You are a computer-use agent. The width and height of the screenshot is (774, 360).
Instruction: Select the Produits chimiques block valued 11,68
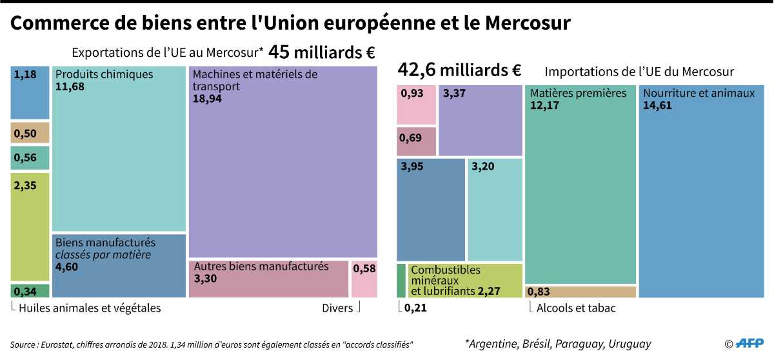[x=119, y=148]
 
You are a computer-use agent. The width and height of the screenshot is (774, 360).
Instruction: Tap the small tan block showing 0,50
[x=30, y=133]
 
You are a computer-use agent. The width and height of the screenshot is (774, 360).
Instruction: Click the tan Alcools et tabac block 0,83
[x=580, y=292]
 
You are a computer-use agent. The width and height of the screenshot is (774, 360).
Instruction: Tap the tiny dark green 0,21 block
[x=401, y=280]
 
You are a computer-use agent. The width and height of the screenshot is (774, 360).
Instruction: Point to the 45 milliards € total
[x=322, y=52]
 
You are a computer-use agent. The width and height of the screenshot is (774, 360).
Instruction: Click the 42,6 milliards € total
[x=459, y=69]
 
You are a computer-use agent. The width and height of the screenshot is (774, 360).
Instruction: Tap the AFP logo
[x=751, y=343]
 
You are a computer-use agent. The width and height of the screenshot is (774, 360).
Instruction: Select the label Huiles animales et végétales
[x=90, y=308]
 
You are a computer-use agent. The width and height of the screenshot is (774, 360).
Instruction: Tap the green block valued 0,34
[x=30, y=290]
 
